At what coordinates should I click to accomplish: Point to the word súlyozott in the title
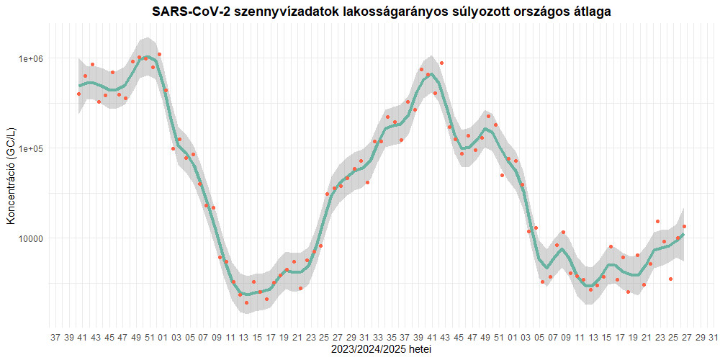click(458, 12)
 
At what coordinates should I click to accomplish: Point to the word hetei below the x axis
click(419, 349)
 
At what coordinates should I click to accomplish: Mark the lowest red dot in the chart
click(246, 303)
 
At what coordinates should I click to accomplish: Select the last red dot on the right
click(684, 227)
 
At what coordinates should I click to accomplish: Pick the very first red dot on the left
click(78, 94)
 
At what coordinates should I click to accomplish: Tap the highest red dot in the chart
click(159, 54)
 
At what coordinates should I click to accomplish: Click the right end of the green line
click(683, 235)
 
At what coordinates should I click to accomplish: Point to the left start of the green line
click(79, 86)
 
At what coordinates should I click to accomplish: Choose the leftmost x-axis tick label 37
click(56, 337)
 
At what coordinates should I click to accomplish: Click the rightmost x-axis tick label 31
click(712, 337)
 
